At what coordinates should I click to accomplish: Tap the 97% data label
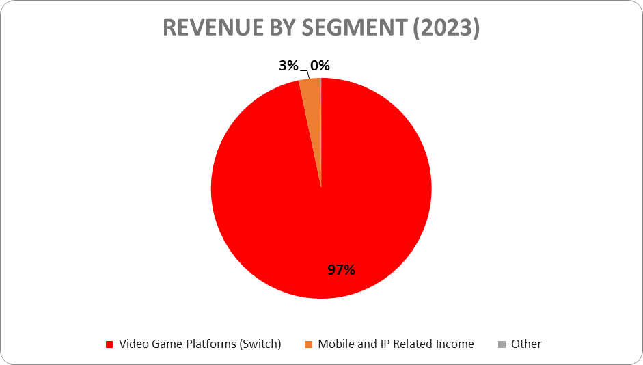click(341, 270)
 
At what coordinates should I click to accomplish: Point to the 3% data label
click(288, 66)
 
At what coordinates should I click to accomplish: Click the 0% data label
click(320, 66)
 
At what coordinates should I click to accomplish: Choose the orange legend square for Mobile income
click(308, 344)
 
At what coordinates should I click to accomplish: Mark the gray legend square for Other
click(501, 344)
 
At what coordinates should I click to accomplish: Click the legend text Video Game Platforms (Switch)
click(200, 344)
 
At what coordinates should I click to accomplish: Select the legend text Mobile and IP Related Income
click(396, 344)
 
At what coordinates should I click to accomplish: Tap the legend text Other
click(526, 344)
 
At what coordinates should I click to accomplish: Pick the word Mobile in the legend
click(335, 344)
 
